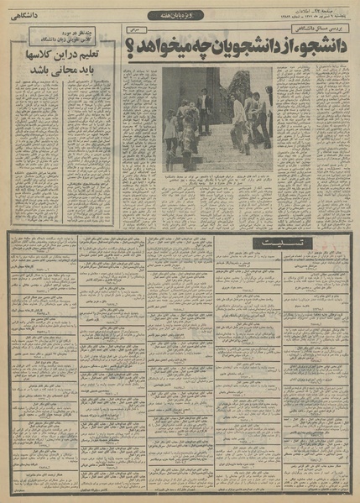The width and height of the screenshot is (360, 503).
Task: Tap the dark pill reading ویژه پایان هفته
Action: click(x=180, y=14)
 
